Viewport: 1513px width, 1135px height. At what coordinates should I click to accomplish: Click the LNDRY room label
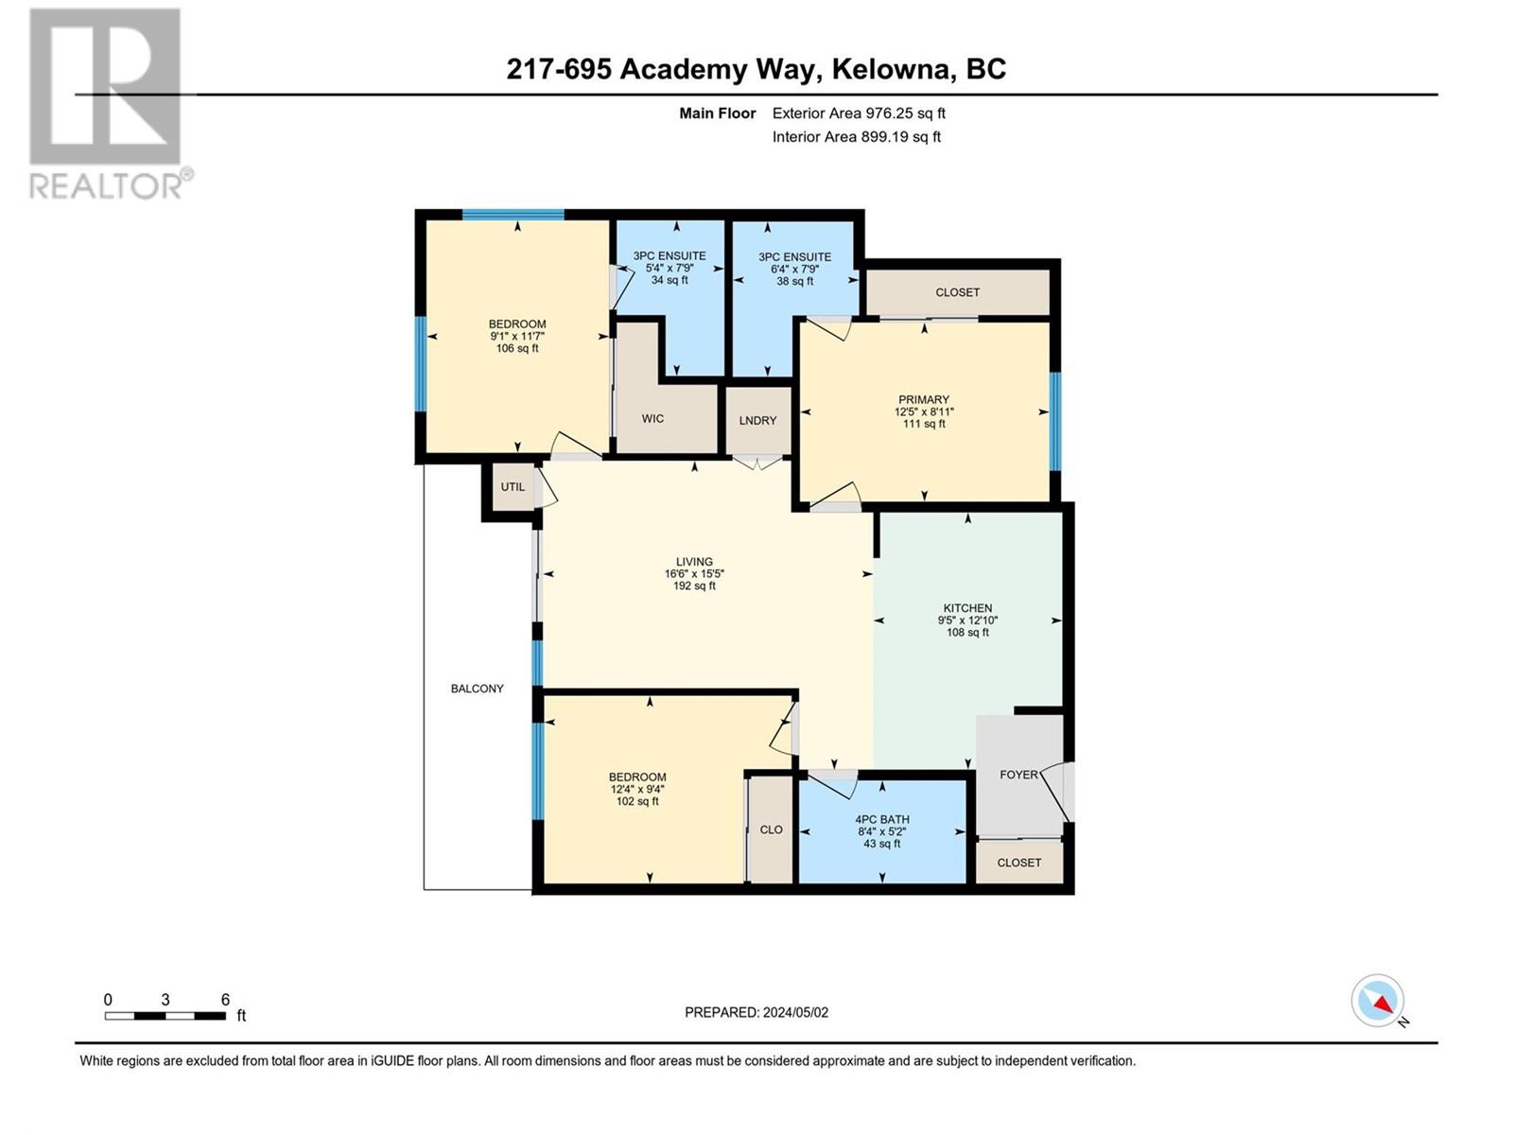coord(757,421)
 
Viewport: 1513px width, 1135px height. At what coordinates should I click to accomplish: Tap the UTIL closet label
coord(513,487)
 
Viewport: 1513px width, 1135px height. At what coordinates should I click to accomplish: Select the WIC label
coord(652,418)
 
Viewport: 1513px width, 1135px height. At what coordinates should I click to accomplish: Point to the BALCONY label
coord(477,689)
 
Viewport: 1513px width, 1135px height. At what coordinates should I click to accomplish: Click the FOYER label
coord(1018,775)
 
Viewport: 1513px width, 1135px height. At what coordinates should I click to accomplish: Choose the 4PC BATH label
coord(881,819)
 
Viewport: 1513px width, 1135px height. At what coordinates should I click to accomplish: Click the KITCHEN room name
coord(967,608)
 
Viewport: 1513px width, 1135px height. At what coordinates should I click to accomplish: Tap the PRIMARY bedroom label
coord(924,399)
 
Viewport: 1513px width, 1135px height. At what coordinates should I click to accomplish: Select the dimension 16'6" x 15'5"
coord(694,574)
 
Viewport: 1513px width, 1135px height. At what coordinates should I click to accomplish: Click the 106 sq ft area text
coord(517,348)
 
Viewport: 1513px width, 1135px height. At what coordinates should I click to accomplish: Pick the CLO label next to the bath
coord(771,829)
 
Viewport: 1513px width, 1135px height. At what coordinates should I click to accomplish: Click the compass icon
coord(1378,1001)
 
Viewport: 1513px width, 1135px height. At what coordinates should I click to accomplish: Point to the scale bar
coord(165,1016)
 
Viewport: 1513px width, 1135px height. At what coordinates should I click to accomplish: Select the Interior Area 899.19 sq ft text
coord(856,136)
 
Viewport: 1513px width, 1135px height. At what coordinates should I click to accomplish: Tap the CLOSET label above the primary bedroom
coord(957,292)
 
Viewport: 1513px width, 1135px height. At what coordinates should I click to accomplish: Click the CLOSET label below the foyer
coord(1018,863)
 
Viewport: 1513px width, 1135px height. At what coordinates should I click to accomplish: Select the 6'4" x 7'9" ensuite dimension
coord(794,269)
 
